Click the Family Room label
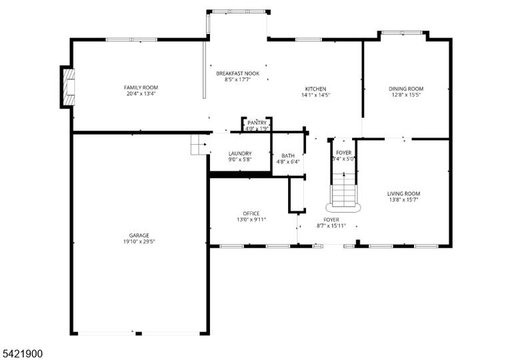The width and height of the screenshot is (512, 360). click(141, 87)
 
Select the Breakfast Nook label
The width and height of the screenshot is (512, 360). click(238, 73)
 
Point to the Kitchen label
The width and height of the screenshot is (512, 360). click(315, 89)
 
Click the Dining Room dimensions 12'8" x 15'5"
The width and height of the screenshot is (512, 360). click(406, 95)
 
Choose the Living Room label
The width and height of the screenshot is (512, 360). click(403, 193)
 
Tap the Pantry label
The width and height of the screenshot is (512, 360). click(257, 123)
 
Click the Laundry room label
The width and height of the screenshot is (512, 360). click(240, 153)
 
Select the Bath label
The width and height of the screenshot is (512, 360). click(288, 156)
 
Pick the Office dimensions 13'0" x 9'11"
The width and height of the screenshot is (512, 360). click(251, 220)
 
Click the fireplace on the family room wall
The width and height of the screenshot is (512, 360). click(68, 87)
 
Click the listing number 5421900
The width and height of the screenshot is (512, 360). click(23, 353)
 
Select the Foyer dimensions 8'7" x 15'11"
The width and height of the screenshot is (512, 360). click(331, 226)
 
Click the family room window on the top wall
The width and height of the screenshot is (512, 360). click(131, 39)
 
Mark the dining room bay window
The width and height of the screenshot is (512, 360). click(402, 33)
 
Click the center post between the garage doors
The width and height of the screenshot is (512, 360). click(139, 333)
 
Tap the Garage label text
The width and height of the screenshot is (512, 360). click(139, 235)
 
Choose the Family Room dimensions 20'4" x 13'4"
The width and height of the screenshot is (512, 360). click(141, 94)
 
